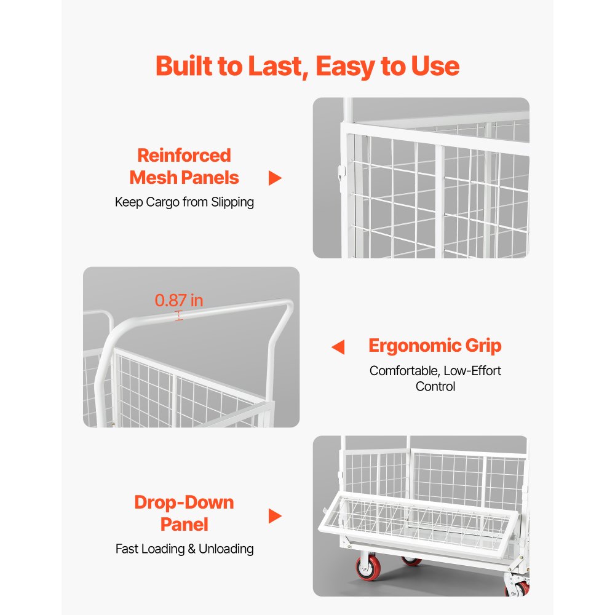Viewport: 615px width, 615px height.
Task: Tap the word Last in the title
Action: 274,66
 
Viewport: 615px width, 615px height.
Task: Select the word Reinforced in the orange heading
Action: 184,155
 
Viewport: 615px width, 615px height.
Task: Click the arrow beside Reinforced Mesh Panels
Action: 275,178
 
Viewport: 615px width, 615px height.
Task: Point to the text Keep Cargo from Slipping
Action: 184,202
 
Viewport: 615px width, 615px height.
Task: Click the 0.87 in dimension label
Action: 179,301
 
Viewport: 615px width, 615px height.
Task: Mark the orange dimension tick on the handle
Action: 179,315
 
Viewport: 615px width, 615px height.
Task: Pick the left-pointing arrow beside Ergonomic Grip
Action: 338,347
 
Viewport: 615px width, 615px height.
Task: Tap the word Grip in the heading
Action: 483,346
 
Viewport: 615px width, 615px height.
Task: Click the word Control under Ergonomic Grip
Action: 435,386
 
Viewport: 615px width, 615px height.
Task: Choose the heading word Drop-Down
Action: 184,502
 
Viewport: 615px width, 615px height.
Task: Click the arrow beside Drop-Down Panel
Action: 275,516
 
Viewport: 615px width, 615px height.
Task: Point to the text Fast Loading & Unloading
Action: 184,549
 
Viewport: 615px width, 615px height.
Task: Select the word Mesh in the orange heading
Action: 154,178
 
